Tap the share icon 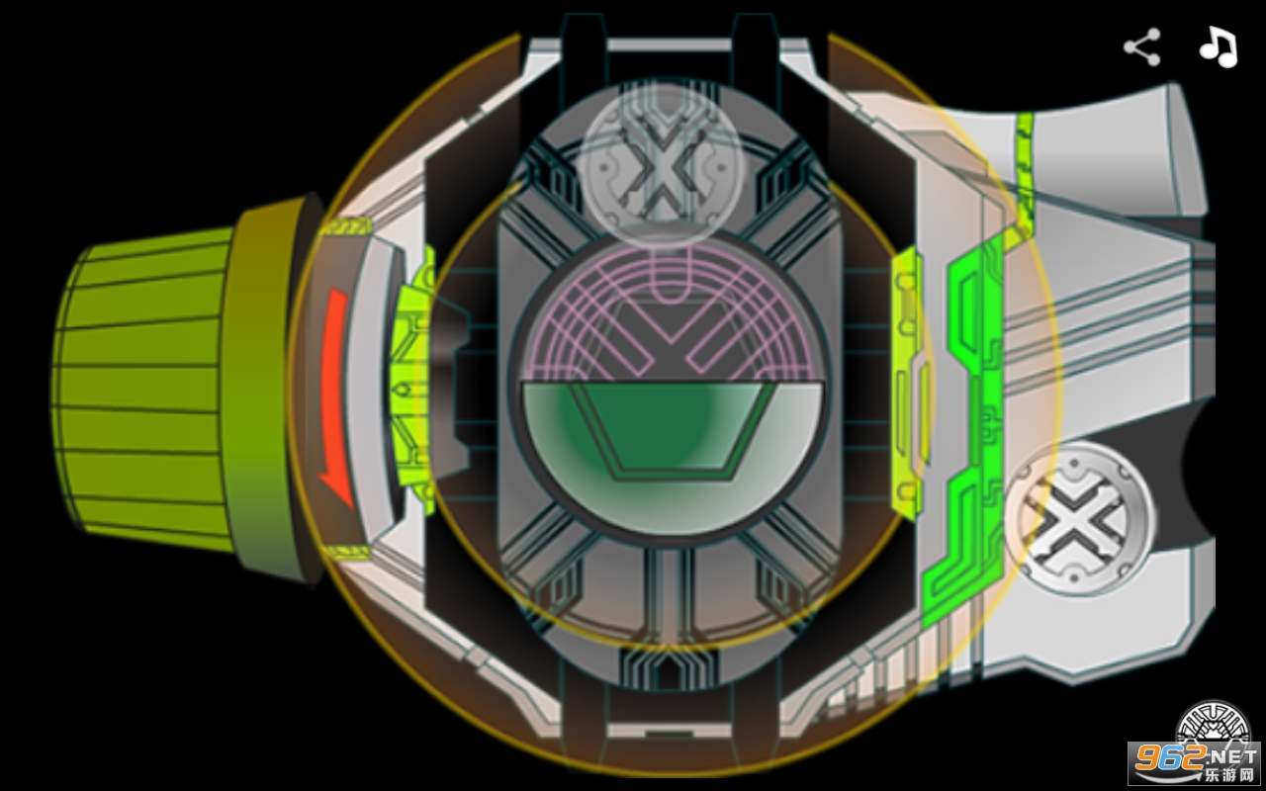1142,46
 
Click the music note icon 1220,46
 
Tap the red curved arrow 335,395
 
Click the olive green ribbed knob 141,390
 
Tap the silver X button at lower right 1078,519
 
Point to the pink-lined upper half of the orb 672,316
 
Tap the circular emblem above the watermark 1213,723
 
